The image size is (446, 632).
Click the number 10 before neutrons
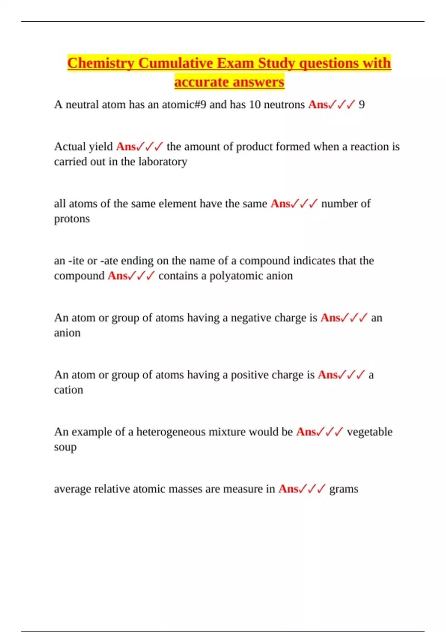255,104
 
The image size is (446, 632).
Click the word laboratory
163,162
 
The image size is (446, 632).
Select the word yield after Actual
99,147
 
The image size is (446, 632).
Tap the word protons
72,219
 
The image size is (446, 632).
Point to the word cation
68,390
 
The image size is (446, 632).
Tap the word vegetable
369,432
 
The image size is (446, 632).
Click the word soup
65,447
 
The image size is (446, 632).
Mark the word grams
344,489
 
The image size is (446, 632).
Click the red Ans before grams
288,489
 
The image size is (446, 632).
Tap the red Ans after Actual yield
126,147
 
